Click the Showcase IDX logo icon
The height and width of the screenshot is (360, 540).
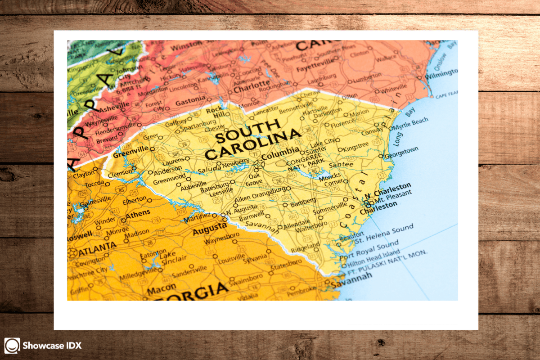(12, 346)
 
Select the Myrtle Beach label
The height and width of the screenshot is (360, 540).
(410, 124)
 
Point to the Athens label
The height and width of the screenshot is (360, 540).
(138, 216)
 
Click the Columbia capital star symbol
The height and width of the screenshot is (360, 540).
(258, 165)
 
